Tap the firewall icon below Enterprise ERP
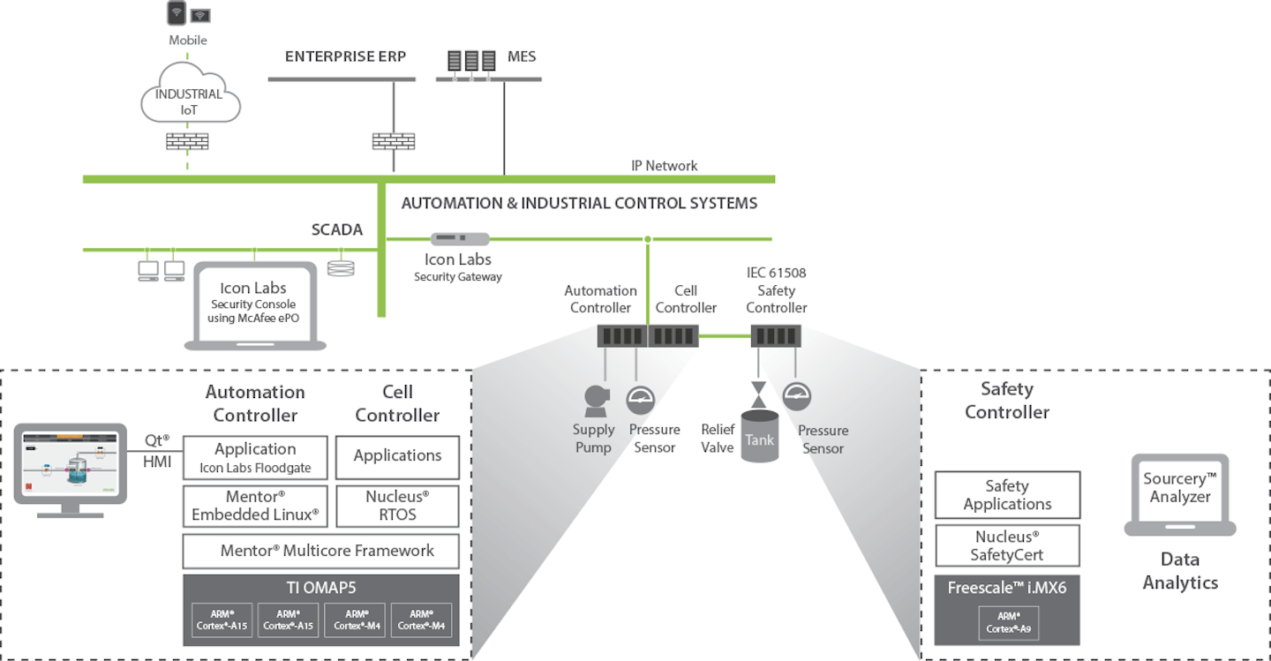(393, 141)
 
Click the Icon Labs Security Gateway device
(459, 238)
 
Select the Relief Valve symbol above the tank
(757, 392)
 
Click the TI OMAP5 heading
(320, 588)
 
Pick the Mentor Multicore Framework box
(320, 551)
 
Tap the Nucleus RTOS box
(397, 506)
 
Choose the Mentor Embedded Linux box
(255, 506)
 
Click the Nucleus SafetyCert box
(1007, 546)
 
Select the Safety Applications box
(1007, 495)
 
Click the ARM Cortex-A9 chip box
(1007, 623)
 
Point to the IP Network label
(664, 166)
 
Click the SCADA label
(336, 229)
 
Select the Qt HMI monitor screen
(70, 463)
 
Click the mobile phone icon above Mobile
(177, 13)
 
